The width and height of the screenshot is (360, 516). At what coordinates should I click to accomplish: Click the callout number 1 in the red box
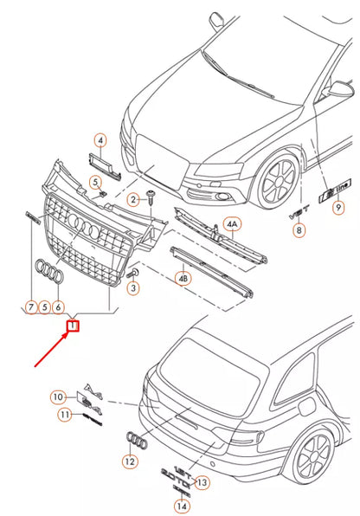(74, 326)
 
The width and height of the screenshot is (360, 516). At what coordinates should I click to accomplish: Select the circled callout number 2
(134, 200)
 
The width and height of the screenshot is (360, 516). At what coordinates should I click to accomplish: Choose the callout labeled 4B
(183, 280)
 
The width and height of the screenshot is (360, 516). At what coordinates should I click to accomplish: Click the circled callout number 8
(299, 230)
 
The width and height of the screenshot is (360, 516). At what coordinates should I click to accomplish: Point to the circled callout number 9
(339, 206)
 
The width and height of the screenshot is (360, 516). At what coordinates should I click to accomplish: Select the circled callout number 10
(58, 397)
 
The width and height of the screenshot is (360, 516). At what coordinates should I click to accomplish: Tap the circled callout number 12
(129, 462)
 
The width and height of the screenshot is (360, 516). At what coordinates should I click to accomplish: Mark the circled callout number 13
(202, 481)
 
